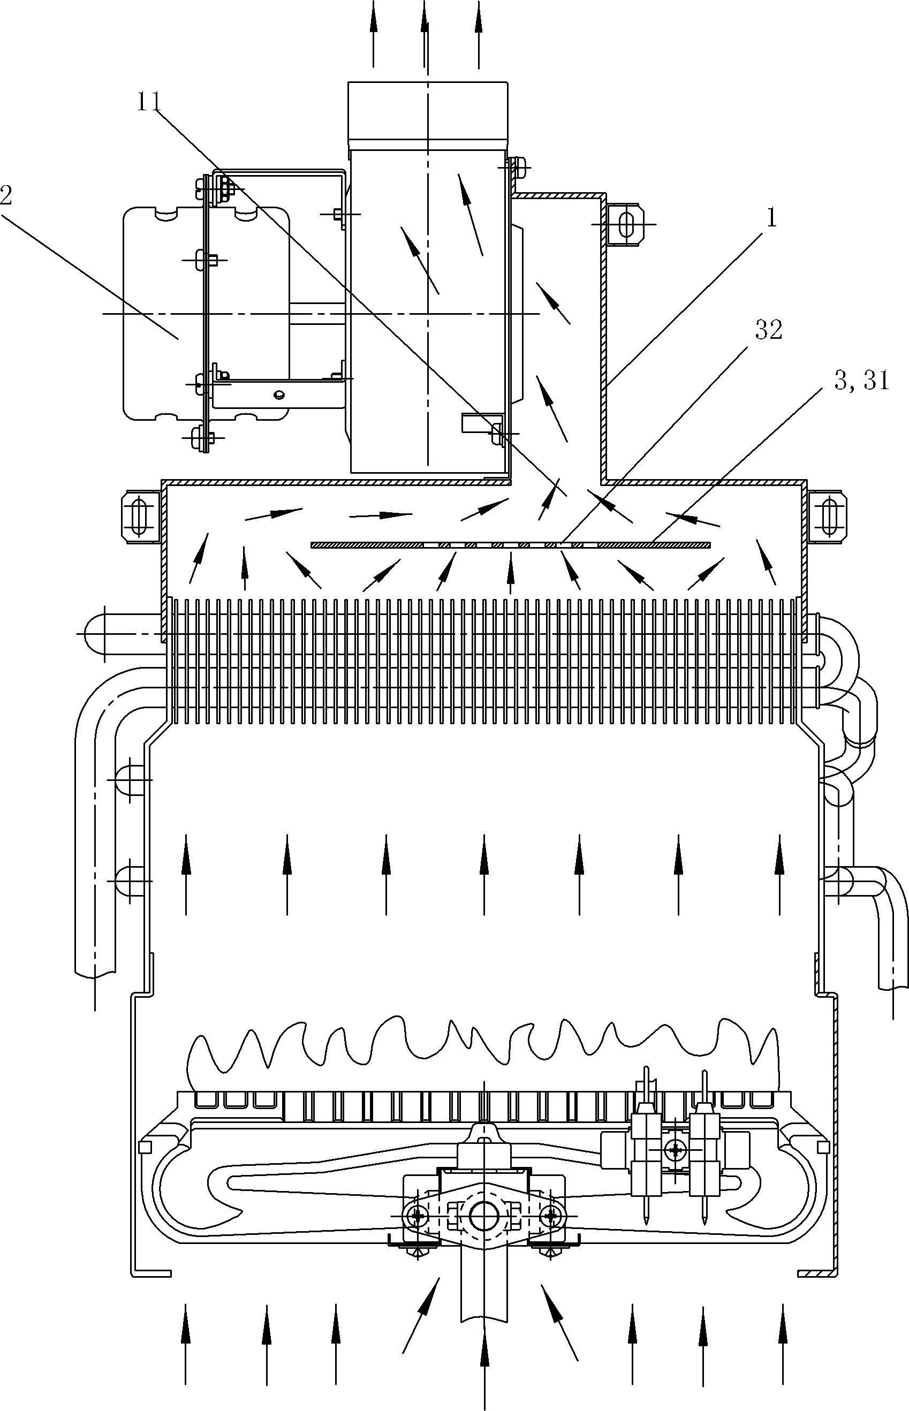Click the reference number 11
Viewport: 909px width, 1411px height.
click(x=149, y=103)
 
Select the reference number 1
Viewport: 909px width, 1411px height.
click(x=771, y=219)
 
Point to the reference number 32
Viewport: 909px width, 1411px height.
click(x=769, y=330)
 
